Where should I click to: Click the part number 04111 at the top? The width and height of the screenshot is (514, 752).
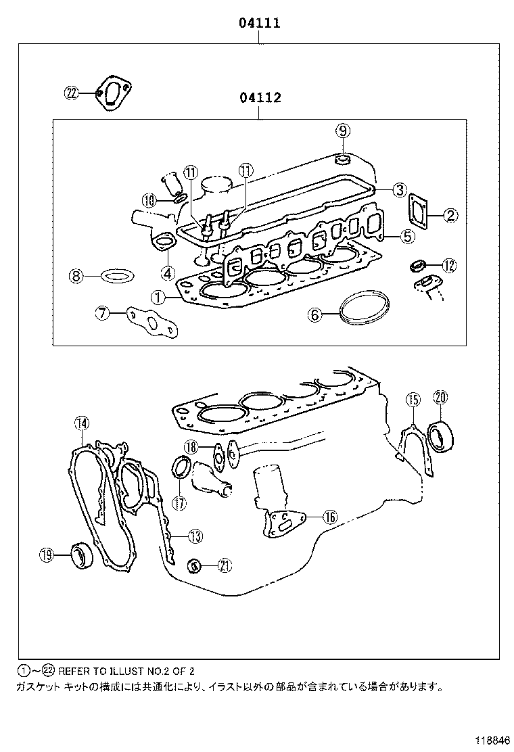coord(258,24)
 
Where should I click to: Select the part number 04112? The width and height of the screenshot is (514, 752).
coord(260,99)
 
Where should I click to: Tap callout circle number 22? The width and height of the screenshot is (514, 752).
coord(72,94)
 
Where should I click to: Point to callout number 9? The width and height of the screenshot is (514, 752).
coord(343,130)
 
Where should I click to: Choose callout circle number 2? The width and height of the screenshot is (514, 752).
coord(451,216)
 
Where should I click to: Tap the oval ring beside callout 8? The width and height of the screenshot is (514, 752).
coord(117,276)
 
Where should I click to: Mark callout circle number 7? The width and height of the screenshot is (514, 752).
coord(102,312)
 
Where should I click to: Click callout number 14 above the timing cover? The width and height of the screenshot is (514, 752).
coord(81,423)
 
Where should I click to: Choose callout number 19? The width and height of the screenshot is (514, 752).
coord(46,555)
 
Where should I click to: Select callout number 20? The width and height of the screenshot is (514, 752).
coord(440,398)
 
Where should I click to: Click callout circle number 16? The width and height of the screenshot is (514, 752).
coord(329,517)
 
